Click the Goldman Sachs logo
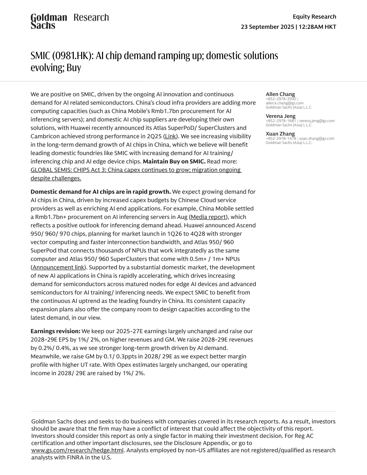click(x=49, y=21)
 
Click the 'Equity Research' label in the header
click(x=314, y=16)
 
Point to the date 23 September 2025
click(x=267, y=27)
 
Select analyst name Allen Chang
click(x=280, y=94)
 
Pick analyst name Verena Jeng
click(x=281, y=116)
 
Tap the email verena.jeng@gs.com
click(x=317, y=121)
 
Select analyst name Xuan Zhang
click(x=280, y=134)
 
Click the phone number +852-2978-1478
click(x=281, y=138)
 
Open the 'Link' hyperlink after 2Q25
click(x=170, y=136)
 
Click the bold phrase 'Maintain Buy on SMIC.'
click(x=174, y=161)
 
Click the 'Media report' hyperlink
click(x=208, y=217)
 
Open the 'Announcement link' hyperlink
click(x=58, y=267)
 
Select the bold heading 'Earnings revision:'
click(x=55, y=331)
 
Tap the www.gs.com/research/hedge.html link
click(x=77, y=450)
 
